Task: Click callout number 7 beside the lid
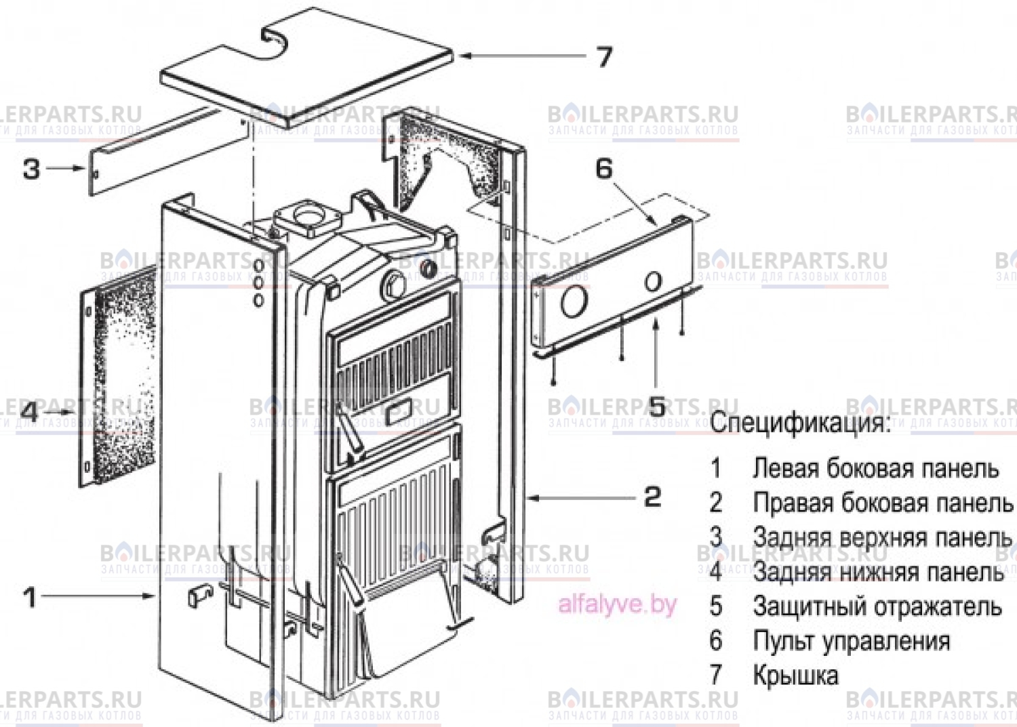[x=605, y=56]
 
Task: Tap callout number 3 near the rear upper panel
[x=31, y=168]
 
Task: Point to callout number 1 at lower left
[x=30, y=597]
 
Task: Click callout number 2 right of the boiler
[x=652, y=497]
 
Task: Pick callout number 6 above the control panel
[x=604, y=168]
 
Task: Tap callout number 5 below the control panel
[x=657, y=406]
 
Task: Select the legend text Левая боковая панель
[x=875, y=468]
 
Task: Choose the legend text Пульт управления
[x=851, y=640]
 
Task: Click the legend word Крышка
[x=795, y=675]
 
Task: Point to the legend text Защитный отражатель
[x=877, y=606]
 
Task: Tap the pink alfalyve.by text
[x=617, y=603]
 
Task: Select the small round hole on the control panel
[x=654, y=281]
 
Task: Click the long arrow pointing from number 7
[x=522, y=56]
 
